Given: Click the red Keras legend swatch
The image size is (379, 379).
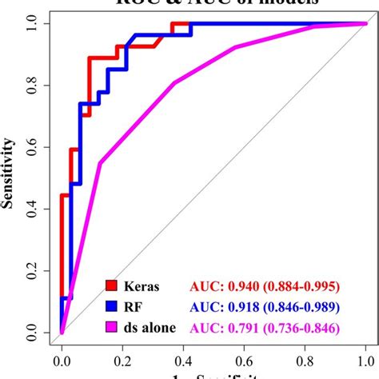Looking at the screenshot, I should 111,285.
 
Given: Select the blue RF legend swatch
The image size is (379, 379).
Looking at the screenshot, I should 111,306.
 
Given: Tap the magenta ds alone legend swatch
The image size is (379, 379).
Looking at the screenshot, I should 111,327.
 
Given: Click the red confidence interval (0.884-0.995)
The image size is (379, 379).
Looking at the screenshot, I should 302,285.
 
